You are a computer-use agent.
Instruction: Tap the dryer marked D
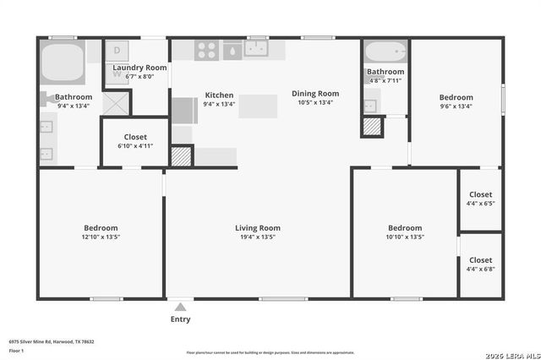pos(117,51)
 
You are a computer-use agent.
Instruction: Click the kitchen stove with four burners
pos(207,50)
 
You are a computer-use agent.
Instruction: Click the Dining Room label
pos(315,94)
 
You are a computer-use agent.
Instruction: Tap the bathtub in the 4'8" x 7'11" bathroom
pos(386,51)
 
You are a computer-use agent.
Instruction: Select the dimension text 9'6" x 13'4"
pos(456,106)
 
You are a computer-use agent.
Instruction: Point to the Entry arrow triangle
pos(180,305)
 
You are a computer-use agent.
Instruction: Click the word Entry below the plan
pos(180,319)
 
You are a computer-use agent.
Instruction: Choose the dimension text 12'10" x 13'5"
pos(101,237)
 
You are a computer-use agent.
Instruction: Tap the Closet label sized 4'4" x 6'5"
pos(480,194)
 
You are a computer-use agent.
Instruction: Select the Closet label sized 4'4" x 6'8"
pos(480,260)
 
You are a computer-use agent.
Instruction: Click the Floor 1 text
pos(16,349)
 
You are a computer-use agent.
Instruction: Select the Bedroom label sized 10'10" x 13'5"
pos(405,228)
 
